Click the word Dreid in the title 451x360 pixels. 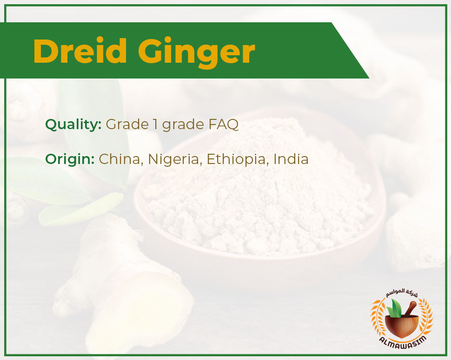click(80, 51)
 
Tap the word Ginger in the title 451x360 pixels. click(197, 53)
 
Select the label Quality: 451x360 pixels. click(73, 124)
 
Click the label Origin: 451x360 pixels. click(70, 159)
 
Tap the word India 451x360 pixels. click(291, 159)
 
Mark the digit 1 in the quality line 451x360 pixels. click(155, 124)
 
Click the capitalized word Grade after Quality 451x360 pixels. click(127, 124)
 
